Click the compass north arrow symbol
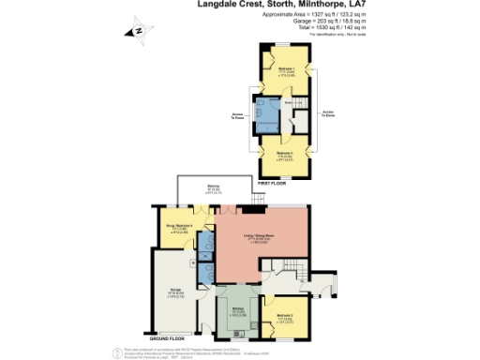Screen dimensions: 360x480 [137, 30]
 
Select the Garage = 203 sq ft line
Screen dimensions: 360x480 [329, 22]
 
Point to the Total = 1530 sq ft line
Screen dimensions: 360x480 [329, 29]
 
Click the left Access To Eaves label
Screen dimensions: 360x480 [237, 118]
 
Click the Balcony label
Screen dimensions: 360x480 [214, 188]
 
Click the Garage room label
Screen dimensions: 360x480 [175, 291]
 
